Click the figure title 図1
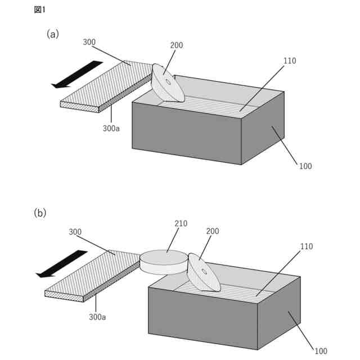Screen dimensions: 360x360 40,10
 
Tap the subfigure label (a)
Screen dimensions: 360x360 52,34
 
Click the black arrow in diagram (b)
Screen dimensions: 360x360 62,263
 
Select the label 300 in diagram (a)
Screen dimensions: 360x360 89,42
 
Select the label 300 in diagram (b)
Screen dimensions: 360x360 75,232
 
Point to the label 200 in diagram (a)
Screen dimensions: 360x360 176,45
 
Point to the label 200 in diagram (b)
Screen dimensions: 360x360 213,231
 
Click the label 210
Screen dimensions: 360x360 181,223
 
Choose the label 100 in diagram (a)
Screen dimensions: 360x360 305,166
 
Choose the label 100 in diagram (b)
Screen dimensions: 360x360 321,352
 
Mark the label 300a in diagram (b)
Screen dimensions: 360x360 97,317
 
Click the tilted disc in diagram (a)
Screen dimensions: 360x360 168,83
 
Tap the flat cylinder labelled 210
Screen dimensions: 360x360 164,262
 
